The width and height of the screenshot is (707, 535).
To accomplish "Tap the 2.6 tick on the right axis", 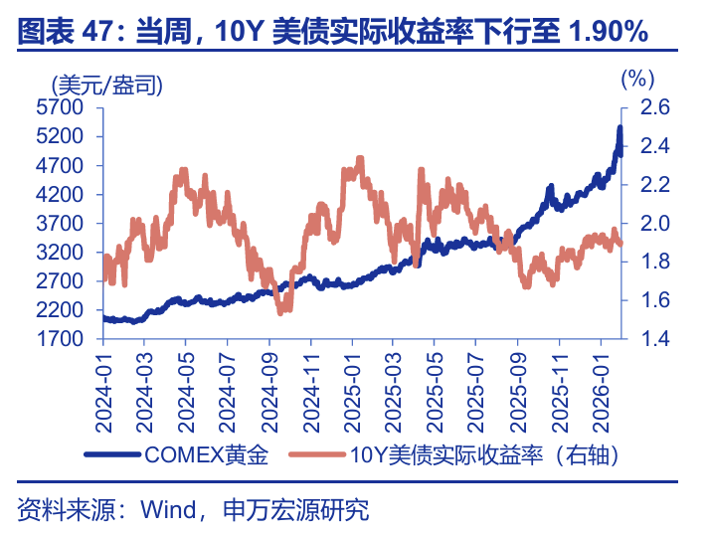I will click(646, 107).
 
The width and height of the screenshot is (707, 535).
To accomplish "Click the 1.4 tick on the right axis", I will click(646, 339).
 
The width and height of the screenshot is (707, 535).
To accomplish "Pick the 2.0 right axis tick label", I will click(646, 224).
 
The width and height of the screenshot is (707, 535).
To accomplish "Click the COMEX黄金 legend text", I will click(207, 455).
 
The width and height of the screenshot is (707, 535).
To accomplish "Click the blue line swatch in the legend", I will click(113, 455).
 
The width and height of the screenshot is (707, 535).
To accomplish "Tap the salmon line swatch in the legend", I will click(316, 455).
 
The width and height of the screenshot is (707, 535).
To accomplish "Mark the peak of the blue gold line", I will click(619, 128).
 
